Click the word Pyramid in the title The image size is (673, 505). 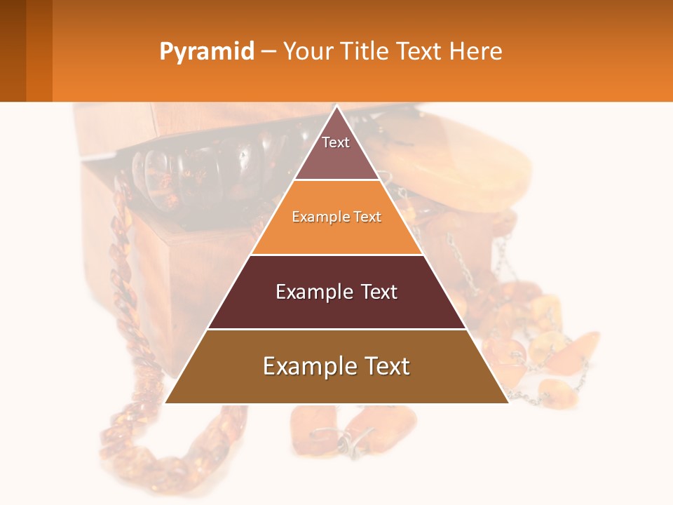206,52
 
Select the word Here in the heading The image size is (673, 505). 475,52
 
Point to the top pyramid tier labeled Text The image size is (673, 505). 336,151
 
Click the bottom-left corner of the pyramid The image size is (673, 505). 166,402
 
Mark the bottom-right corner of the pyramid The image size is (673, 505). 507,402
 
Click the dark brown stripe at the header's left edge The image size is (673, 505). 13,50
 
